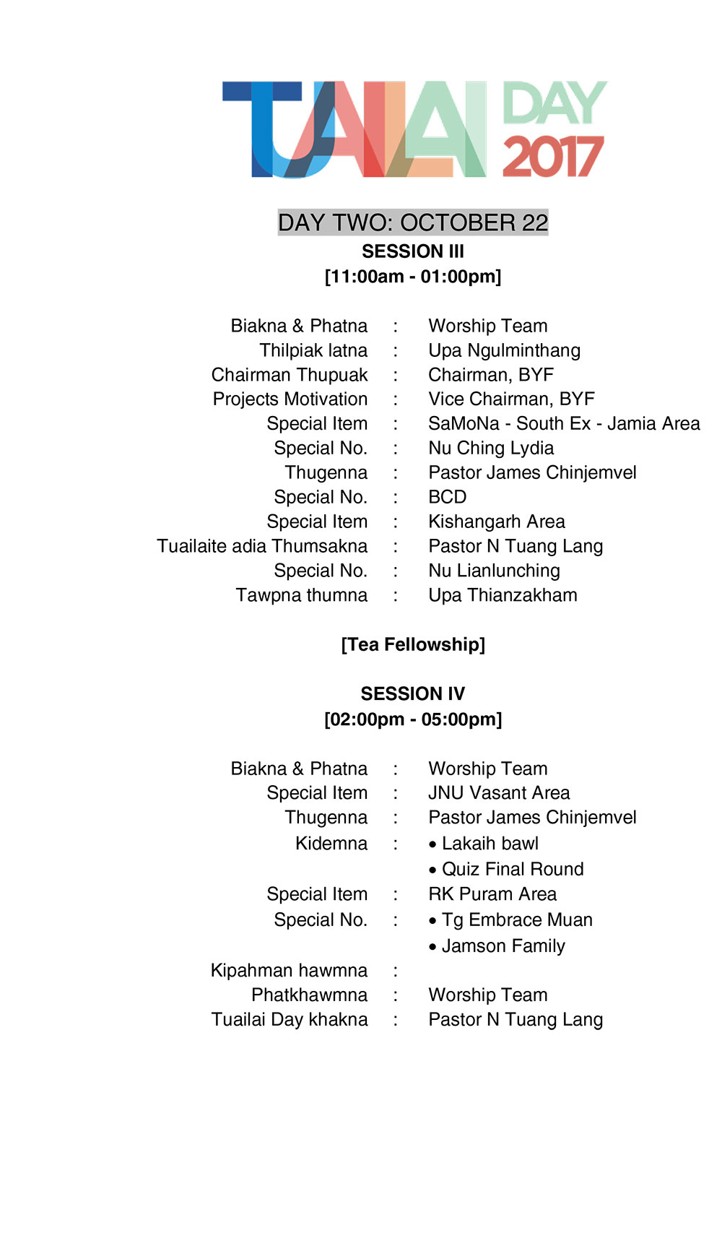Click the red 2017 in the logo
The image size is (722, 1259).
click(552, 157)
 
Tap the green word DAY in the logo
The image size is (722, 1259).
click(554, 103)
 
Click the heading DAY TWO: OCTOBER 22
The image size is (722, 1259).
click(413, 222)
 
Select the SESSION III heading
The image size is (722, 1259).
click(413, 251)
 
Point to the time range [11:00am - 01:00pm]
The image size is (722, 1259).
click(413, 277)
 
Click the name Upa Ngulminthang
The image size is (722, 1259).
click(504, 350)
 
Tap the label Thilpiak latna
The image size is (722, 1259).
click(313, 350)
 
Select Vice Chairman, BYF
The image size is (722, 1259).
click(511, 399)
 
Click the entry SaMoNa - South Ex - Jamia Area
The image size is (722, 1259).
click(564, 424)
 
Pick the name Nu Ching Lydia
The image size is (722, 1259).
click(491, 449)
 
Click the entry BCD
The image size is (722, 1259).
click(448, 497)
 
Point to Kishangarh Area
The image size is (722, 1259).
click(497, 522)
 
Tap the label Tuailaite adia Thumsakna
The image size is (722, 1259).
click(262, 546)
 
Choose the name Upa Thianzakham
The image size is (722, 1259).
click(503, 595)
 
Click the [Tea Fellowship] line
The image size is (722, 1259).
click(413, 644)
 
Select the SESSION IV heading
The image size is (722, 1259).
click(413, 694)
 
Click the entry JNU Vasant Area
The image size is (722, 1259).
click(499, 793)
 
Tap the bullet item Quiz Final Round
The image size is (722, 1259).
click(512, 869)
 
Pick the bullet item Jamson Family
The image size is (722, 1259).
click(503, 946)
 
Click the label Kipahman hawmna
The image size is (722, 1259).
click(289, 970)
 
